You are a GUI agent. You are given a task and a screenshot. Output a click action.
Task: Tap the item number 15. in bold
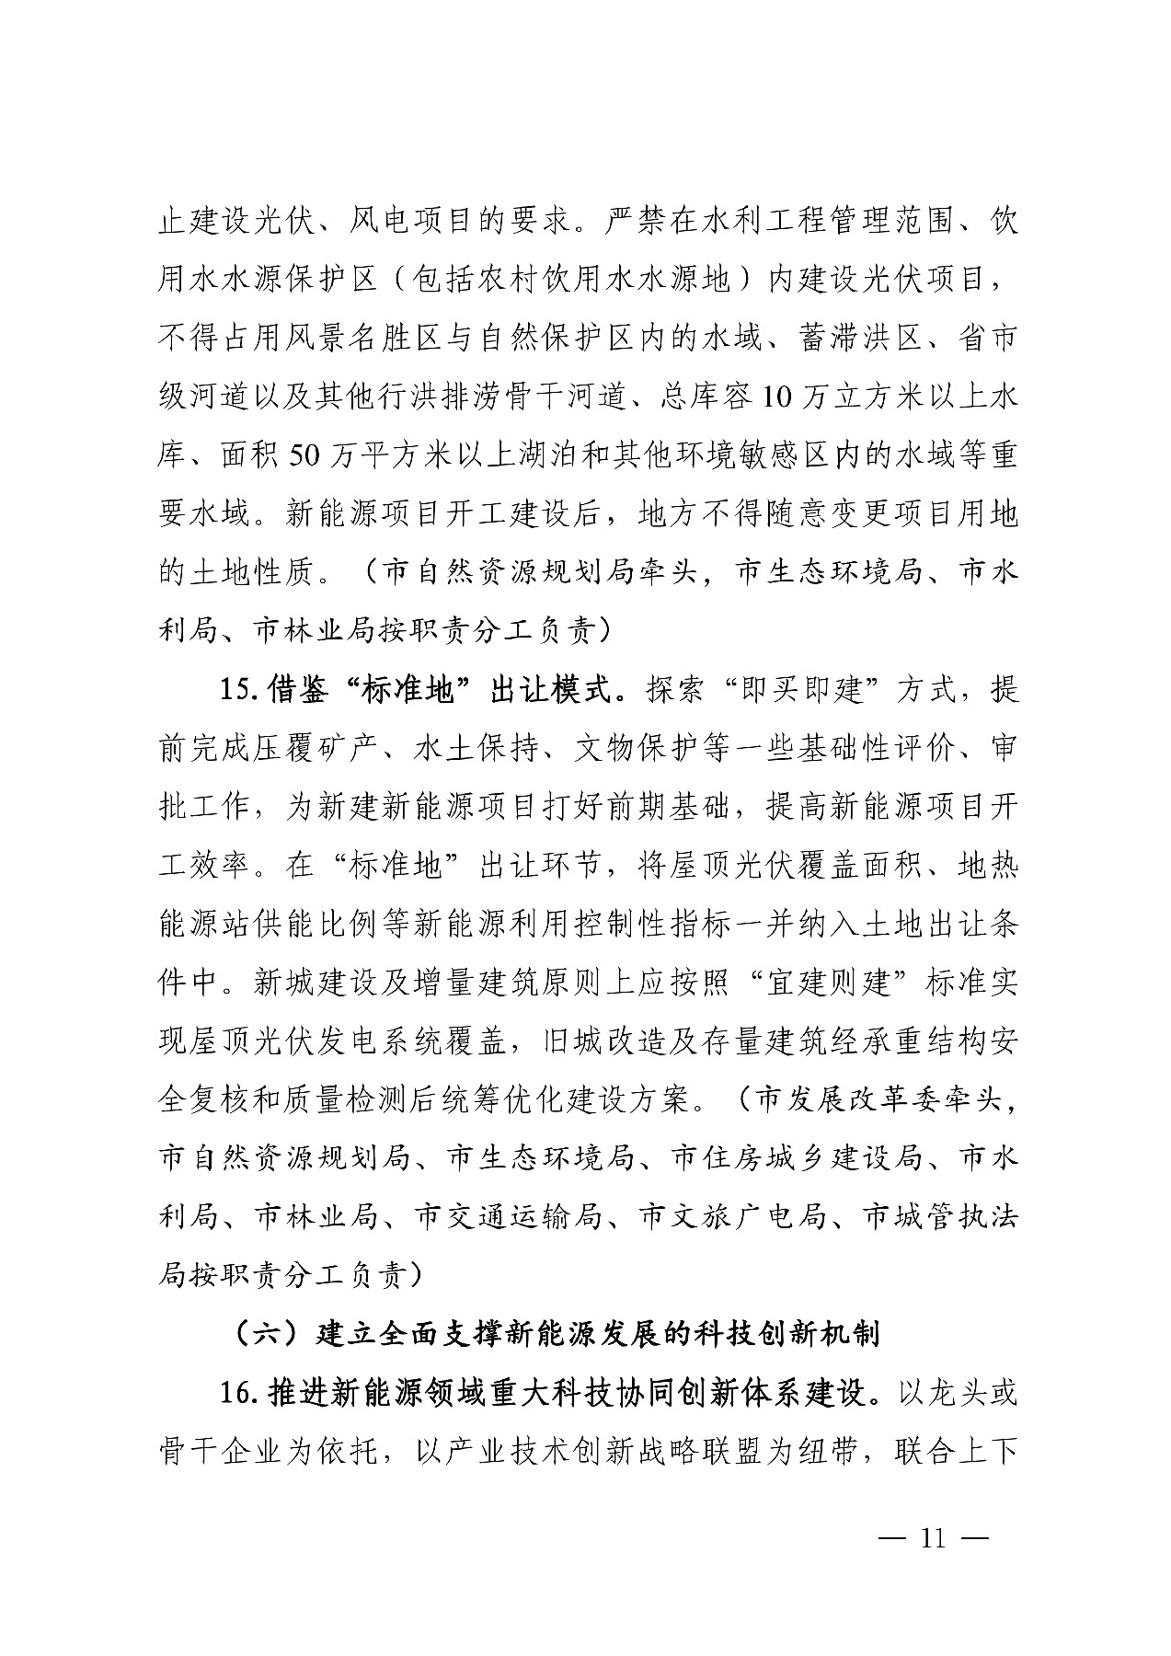pos(242,688)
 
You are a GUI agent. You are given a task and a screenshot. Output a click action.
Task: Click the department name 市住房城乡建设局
pos(797,1158)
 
